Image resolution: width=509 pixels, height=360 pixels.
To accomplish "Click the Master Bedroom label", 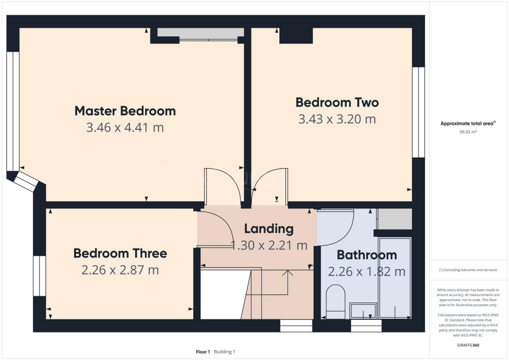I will (x=125, y=110).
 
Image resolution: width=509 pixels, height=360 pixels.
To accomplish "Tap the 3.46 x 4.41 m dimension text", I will (x=125, y=128).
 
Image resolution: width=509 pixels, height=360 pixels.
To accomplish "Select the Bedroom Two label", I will (x=337, y=102).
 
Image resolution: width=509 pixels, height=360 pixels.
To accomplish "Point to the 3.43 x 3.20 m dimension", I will (x=337, y=119).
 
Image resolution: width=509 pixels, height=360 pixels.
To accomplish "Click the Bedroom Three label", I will (x=120, y=253).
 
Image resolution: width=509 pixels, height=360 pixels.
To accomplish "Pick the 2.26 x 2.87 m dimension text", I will (x=120, y=270).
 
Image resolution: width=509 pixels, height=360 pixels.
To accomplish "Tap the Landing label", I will (x=268, y=229).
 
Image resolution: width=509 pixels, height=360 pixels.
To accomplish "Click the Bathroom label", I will (x=367, y=255).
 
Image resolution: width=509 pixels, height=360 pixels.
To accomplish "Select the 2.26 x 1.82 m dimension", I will (x=367, y=272).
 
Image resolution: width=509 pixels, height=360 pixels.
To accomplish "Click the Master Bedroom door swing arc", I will (x=219, y=186).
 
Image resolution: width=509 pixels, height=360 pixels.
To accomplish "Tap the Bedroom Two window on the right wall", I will (x=419, y=112).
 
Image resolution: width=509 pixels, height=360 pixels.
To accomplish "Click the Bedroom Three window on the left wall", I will (x=39, y=276).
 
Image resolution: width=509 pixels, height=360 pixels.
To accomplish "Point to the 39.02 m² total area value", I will (x=467, y=132).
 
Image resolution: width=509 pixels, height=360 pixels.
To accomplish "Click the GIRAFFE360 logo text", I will (x=467, y=345).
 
